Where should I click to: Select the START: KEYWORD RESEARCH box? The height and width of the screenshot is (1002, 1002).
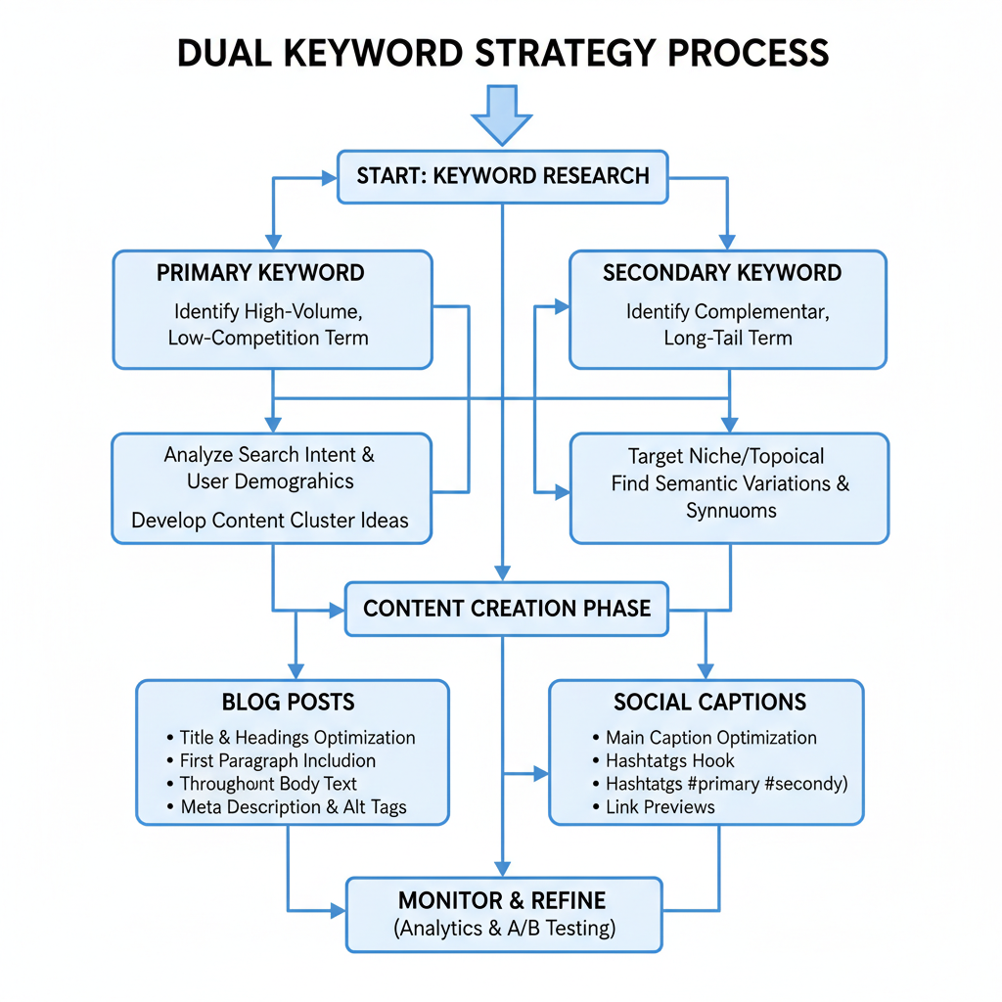[502, 176]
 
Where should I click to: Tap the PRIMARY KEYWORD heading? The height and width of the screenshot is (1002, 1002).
[260, 273]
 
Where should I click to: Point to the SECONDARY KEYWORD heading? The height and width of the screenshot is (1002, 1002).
[722, 273]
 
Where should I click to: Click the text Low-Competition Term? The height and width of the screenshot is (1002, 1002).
[268, 339]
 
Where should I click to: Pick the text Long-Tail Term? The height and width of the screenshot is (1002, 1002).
[727, 339]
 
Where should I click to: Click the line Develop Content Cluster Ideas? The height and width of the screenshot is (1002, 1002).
[270, 520]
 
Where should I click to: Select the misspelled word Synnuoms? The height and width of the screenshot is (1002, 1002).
[731, 510]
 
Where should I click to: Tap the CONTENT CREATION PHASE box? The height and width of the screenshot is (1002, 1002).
[506, 608]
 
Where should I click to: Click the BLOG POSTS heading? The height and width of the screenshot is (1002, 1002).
[288, 702]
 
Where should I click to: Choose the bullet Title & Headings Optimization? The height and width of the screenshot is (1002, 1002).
[297, 738]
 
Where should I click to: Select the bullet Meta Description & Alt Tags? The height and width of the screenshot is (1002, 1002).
[294, 807]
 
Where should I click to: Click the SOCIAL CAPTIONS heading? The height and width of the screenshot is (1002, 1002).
[709, 702]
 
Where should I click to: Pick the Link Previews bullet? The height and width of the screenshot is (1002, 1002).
[660, 807]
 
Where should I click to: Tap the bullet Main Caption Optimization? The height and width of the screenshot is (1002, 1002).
[710, 738]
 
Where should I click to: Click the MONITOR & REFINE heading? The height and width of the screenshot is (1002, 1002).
[502, 900]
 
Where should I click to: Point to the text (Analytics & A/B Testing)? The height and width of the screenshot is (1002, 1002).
[504, 929]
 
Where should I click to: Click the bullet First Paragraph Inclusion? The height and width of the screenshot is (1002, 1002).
[278, 760]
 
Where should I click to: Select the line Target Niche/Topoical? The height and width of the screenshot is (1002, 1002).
[726, 456]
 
